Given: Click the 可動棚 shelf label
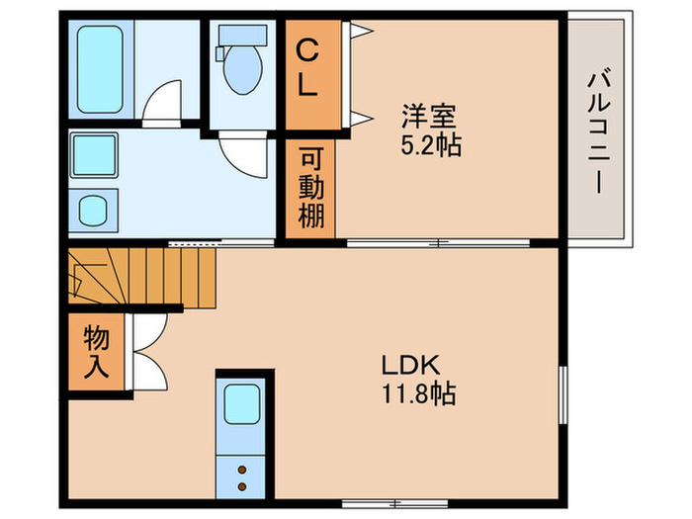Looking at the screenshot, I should pos(310,188).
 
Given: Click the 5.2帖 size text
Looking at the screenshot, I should pos(430,145).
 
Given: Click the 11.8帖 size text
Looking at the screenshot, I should pos(418,394).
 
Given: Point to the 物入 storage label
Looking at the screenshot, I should pos(96,353).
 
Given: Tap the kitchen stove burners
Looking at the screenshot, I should pos(242,476).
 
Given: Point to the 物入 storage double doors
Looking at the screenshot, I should pos(148,354).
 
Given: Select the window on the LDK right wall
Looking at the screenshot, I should pos(562,392).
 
